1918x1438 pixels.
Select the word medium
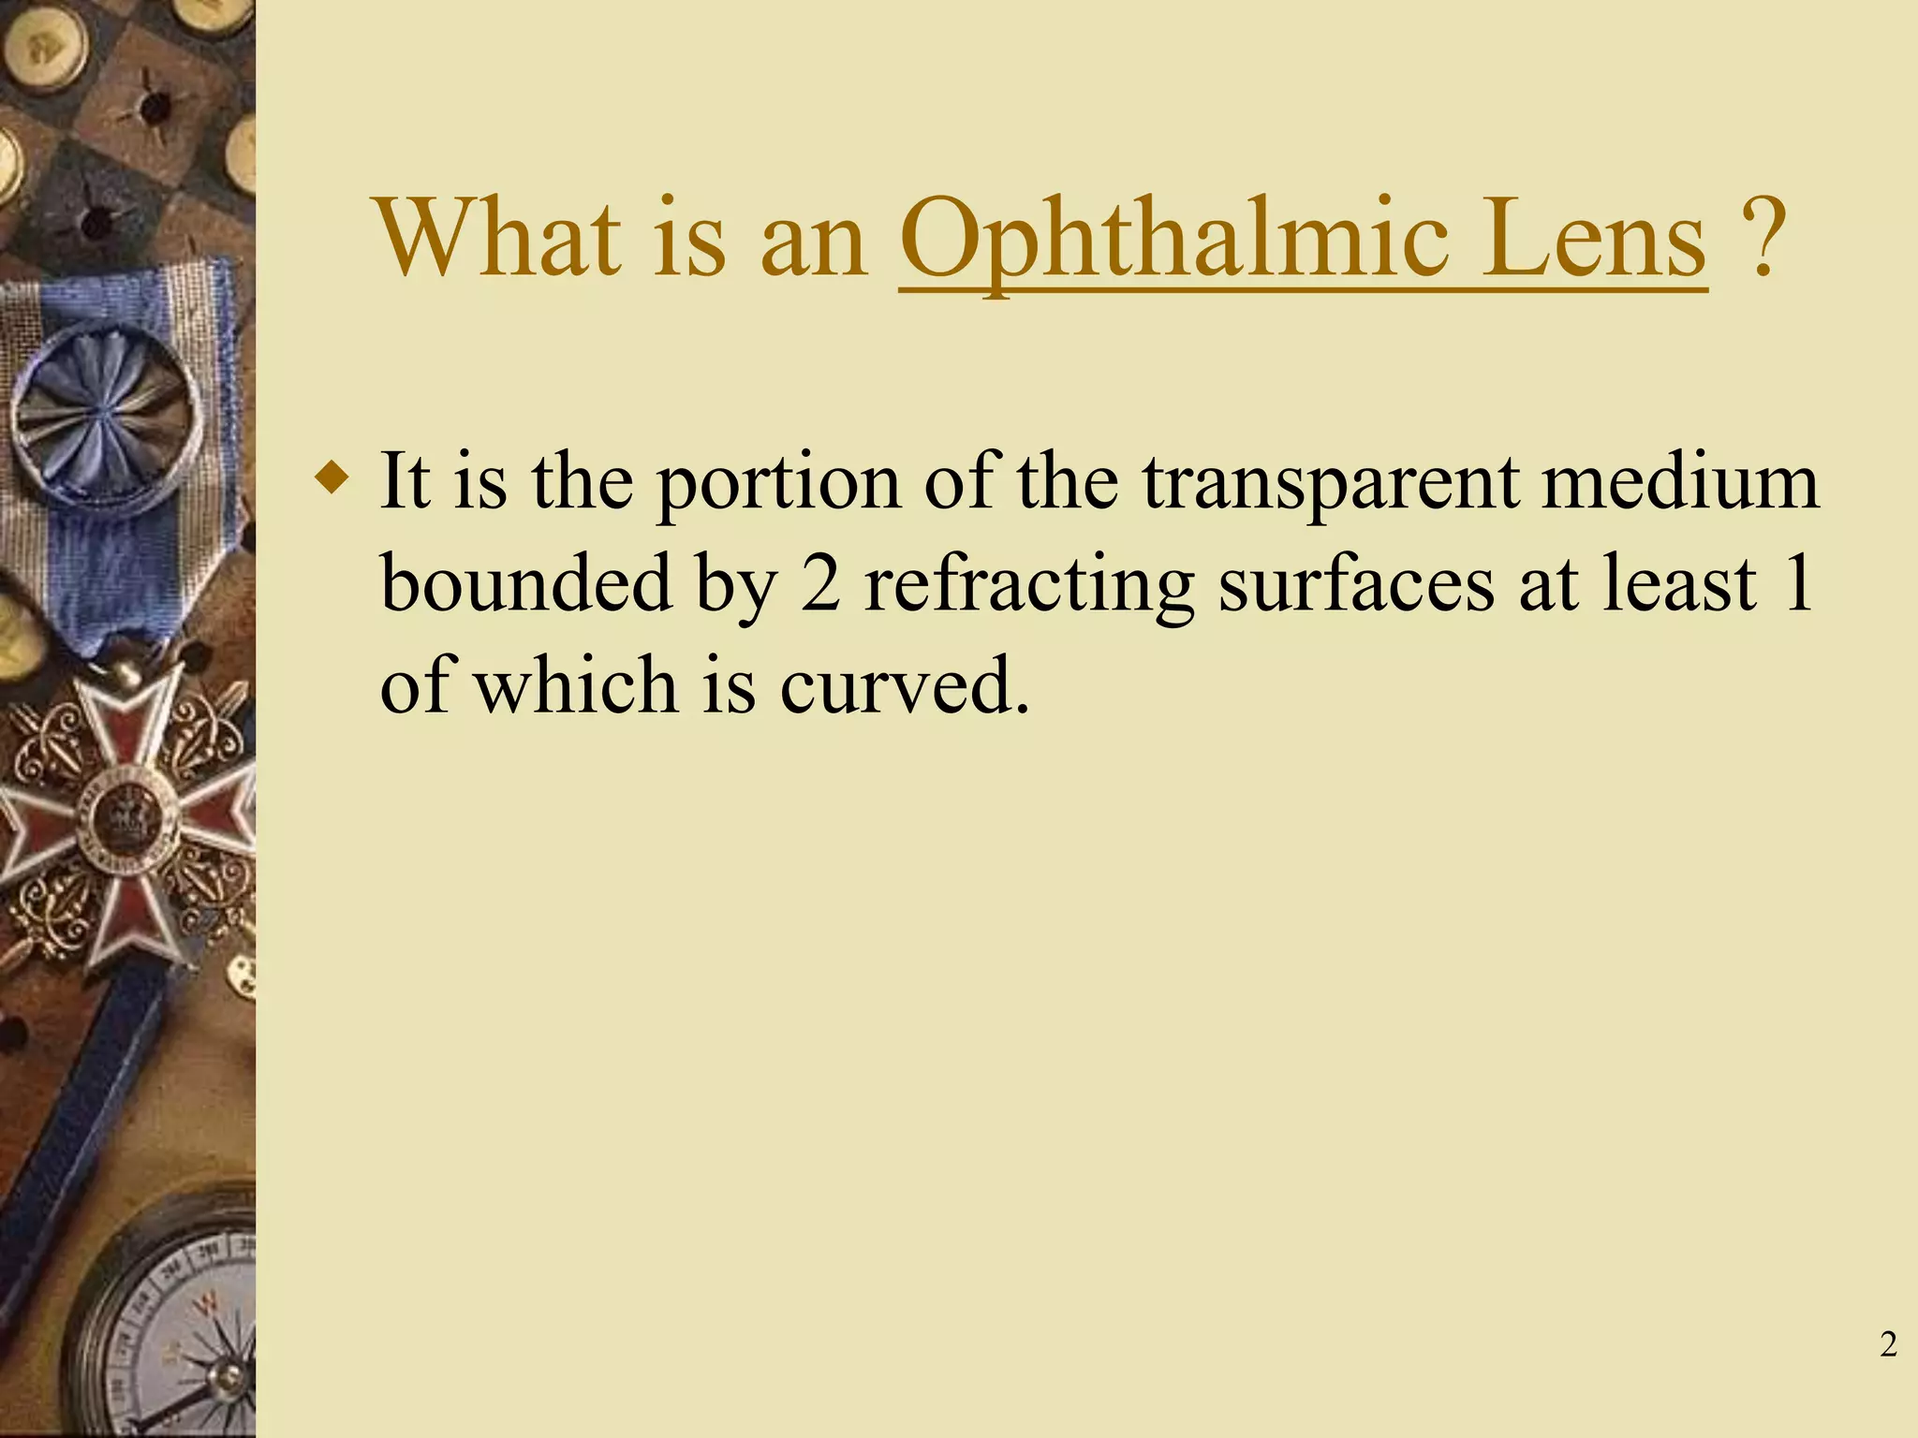(1680, 481)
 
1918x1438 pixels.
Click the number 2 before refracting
(820, 584)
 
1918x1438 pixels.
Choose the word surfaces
(1355, 584)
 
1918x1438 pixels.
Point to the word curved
(904, 684)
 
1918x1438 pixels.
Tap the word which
(575, 684)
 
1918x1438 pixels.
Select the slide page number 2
(1888, 1344)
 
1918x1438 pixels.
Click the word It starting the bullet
(404, 481)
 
